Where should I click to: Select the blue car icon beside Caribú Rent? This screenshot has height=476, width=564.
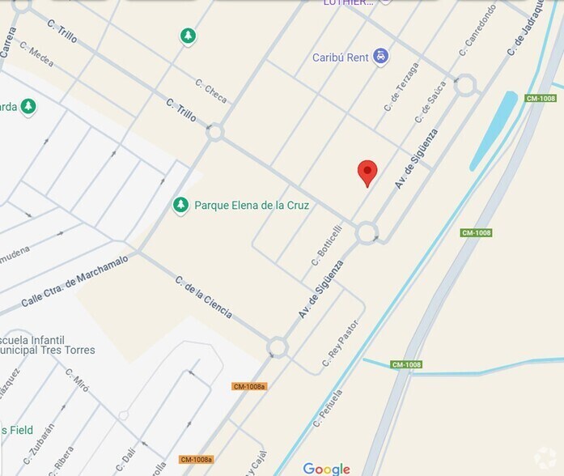point(381,57)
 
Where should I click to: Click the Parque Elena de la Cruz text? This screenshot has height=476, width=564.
point(252,206)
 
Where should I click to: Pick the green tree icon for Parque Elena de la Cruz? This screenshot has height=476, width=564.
point(181,206)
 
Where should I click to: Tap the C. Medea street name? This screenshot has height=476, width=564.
point(36,53)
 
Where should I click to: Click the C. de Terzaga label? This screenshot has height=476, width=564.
point(401,87)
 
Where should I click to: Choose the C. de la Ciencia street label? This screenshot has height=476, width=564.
point(203,297)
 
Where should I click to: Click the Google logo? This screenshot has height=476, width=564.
point(326,469)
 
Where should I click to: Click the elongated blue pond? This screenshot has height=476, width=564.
point(493,130)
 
